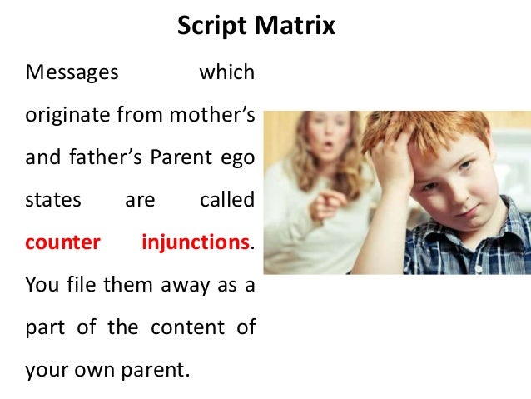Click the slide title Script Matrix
(x=256, y=27)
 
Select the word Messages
(x=72, y=73)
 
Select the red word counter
(x=63, y=243)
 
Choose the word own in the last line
(x=110, y=370)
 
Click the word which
(x=226, y=73)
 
